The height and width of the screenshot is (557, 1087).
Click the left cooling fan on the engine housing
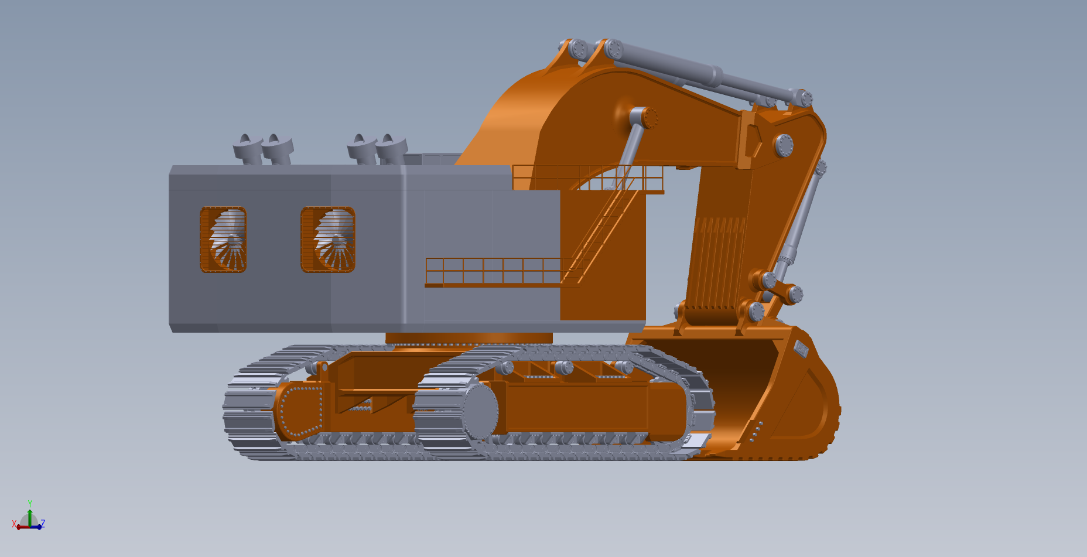click(223, 240)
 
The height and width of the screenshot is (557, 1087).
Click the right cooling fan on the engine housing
click(328, 240)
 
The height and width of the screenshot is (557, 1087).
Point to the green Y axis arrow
click(30, 515)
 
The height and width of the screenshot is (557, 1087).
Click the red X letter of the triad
click(14, 524)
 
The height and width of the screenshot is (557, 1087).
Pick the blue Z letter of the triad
click(43, 524)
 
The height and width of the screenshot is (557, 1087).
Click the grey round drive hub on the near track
click(480, 411)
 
